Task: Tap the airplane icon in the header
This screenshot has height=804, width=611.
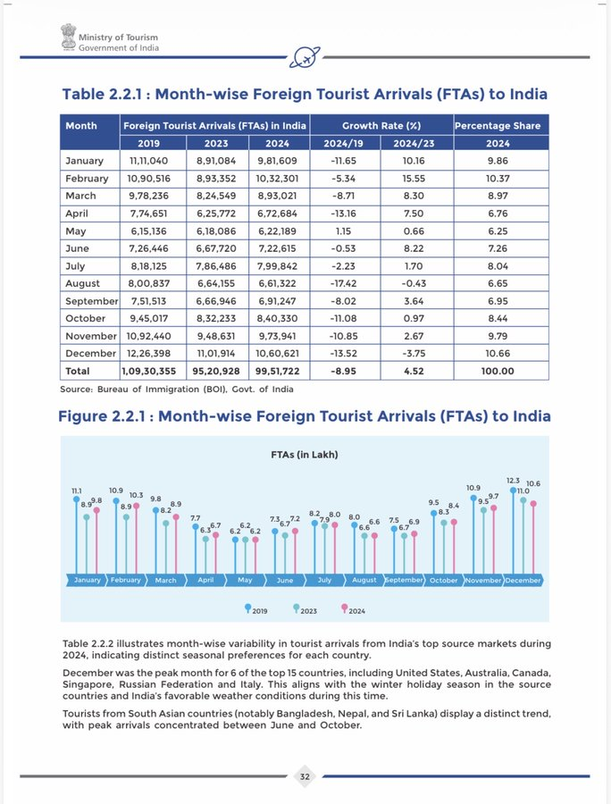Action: [302, 56]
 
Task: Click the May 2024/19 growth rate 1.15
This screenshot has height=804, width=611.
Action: [343, 230]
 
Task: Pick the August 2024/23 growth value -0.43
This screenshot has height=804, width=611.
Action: [416, 282]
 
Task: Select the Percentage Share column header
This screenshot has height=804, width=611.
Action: [500, 126]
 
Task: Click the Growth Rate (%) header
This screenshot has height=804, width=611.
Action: [380, 126]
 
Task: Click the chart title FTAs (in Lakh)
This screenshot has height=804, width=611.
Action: [305, 455]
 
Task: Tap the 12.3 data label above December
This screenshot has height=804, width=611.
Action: [514, 482]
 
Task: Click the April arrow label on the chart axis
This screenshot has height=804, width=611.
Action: [205, 580]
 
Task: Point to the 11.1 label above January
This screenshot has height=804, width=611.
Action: [77, 491]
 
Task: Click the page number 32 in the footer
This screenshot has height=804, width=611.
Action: [305, 776]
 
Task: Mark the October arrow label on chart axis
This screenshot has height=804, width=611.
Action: [443, 580]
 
